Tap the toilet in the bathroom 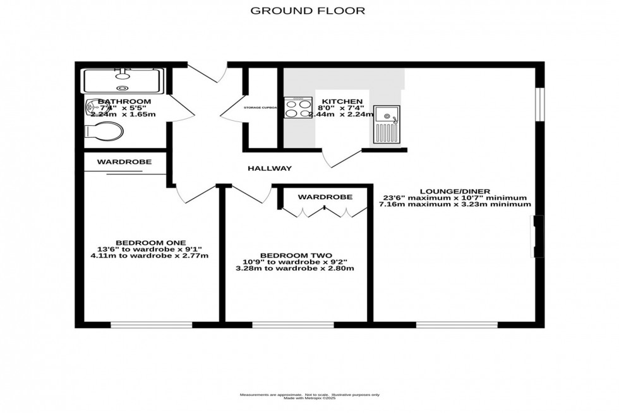[x=105, y=132]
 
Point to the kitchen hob [x=298, y=108]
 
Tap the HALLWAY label [x=270, y=168]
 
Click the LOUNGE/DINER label [x=454, y=190]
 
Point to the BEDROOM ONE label [x=150, y=242]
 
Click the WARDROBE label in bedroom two [x=325, y=197]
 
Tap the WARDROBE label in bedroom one [x=124, y=162]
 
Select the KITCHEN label [x=342, y=101]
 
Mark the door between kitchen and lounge [x=335, y=159]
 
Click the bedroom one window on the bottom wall [x=151, y=325]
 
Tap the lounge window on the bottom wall [x=457, y=325]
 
